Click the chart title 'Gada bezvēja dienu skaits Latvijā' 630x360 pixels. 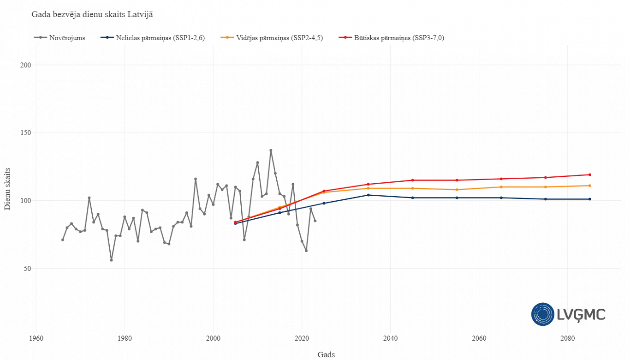[x=92, y=14]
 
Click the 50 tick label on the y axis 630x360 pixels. [x=27, y=269]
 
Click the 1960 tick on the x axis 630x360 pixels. [x=36, y=338]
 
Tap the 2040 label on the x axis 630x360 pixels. [x=390, y=338]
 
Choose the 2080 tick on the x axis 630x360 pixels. [x=567, y=338]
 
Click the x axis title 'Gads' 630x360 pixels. [x=326, y=354]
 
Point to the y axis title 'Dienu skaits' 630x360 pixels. [x=8, y=189]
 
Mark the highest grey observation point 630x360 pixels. [x=271, y=150]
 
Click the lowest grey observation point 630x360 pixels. [x=111, y=260]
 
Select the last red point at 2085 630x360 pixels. [x=589, y=174]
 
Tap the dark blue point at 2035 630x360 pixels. [x=368, y=195]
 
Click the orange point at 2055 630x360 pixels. [x=457, y=190]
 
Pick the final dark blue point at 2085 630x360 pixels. [x=589, y=199]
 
